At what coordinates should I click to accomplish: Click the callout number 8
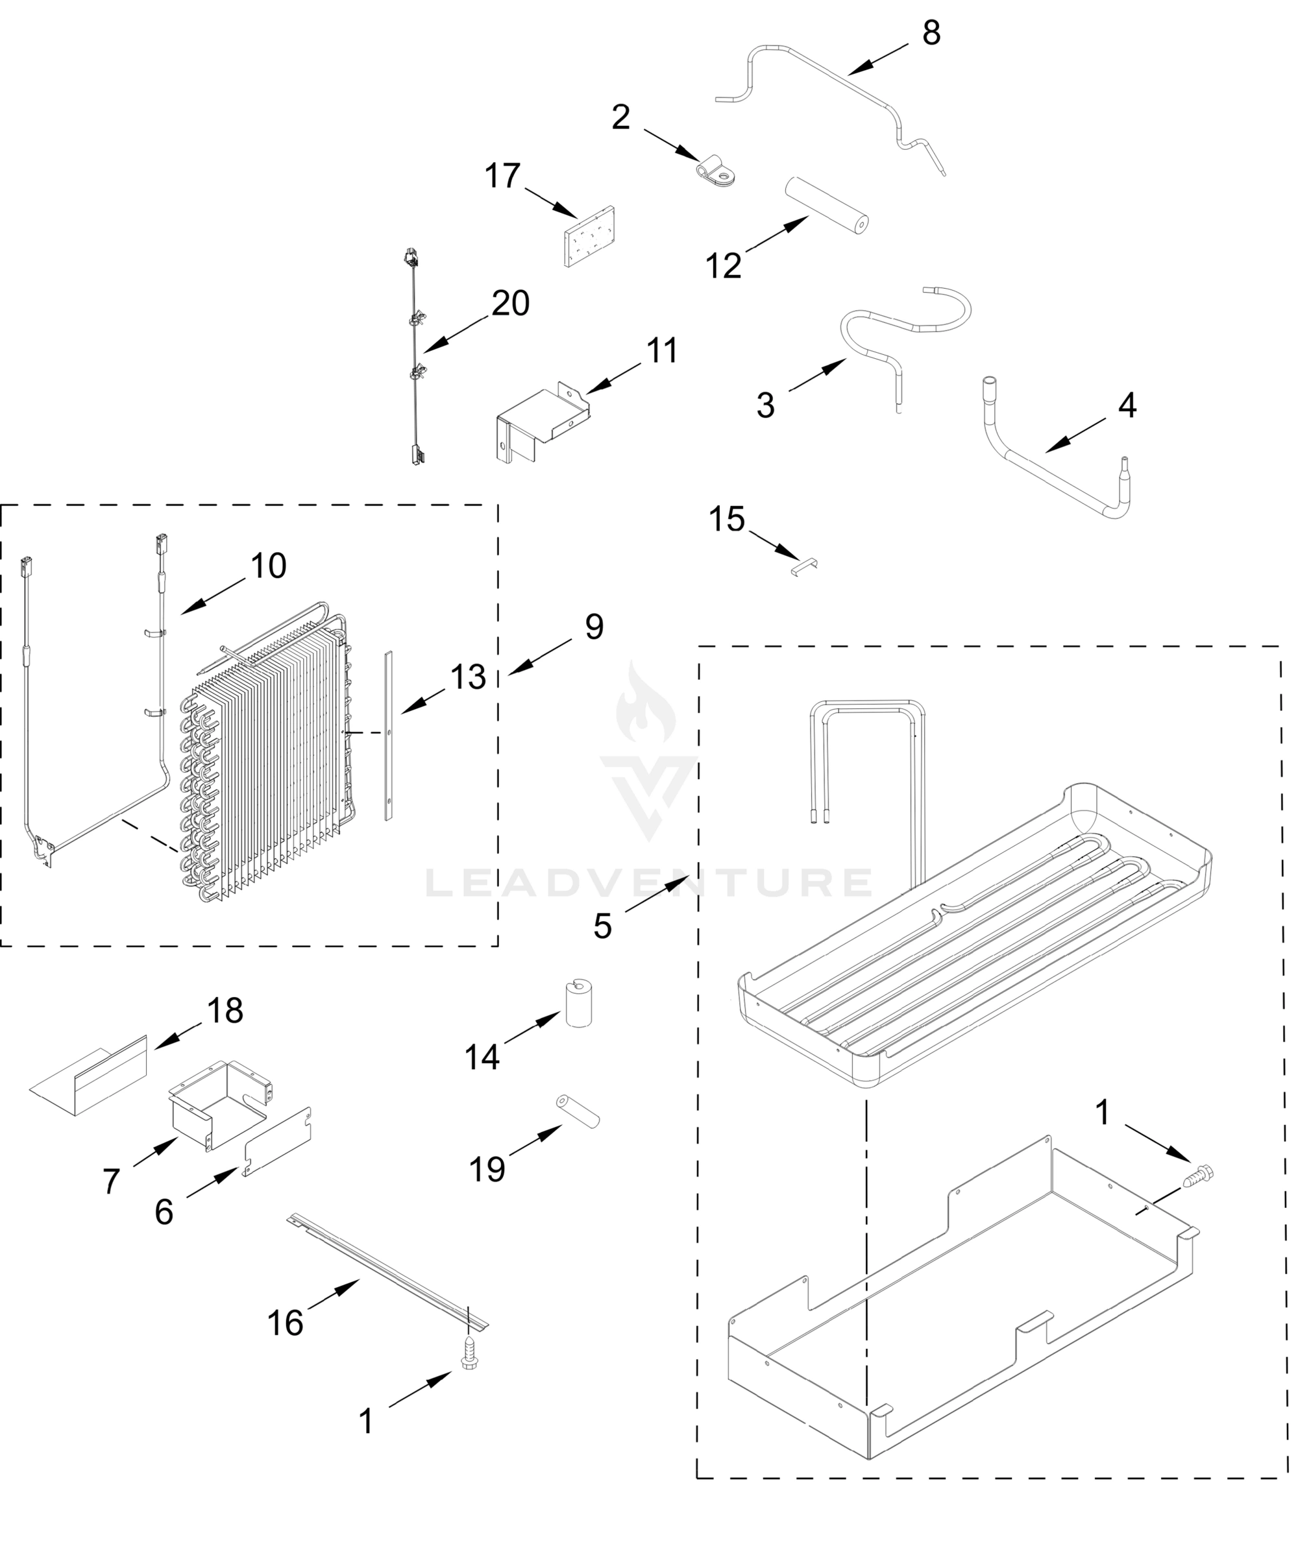pyautogui.click(x=931, y=33)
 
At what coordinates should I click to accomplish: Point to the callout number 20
pyautogui.click(x=510, y=303)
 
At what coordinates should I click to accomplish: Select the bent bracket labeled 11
pyautogui.click(x=544, y=425)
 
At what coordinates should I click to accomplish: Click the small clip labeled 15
pyautogui.click(x=804, y=566)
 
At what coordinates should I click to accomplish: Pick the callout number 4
pyautogui.click(x=1127, y=405)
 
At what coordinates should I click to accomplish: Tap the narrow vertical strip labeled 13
pyautogui.click(x=389, y=736)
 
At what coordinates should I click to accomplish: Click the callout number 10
pyautogui.click(x=269, y=566)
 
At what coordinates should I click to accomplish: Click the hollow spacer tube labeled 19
pyautogui.click(x=578, y=1111)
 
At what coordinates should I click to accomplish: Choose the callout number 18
pyautogui.click(x=225, y=1010)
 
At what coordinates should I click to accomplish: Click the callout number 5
pyautogui.click(x=602, y=926)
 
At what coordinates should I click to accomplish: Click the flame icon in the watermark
pyautogui.click(x=646, y=705)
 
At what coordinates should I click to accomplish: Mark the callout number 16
pyautogui.click(x=286, y=1322)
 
